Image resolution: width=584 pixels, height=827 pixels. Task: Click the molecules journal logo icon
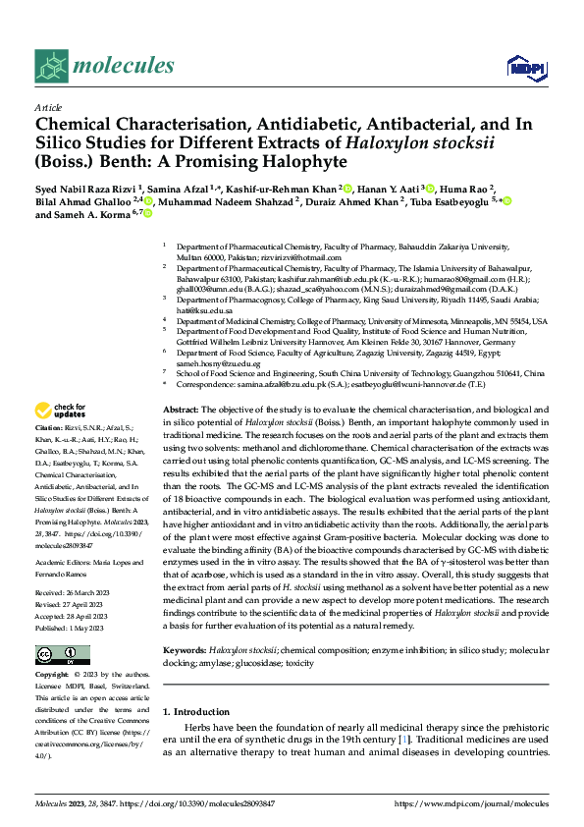pyautogui.click(x=51, y=66)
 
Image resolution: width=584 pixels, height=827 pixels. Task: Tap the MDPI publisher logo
pyautogui.click(x=520, y=66)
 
